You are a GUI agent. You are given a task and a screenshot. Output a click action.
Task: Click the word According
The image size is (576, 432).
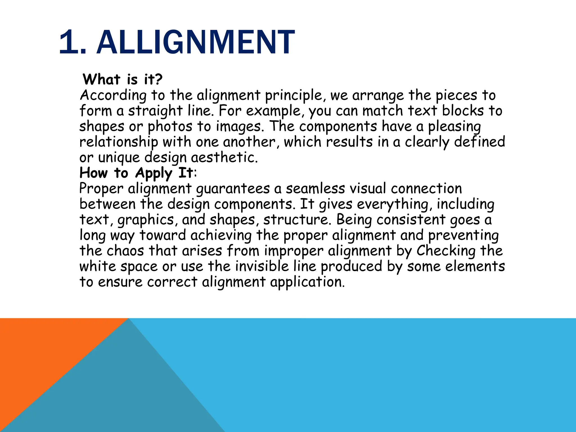pos(113,96)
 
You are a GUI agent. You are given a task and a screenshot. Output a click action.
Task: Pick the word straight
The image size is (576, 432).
pos(156,111)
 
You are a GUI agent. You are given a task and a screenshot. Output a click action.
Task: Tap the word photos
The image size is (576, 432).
pos(170,127)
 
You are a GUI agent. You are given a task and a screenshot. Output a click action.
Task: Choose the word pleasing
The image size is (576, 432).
pos(454,127)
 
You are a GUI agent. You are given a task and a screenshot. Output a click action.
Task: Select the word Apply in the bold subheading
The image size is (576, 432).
pos(154,173)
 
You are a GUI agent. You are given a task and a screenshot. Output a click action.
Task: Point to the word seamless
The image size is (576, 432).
pos(315,188)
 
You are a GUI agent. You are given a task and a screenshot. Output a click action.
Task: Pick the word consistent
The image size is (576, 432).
pos(411,220)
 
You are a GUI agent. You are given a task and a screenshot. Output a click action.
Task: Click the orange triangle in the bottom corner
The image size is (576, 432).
pos(42,352)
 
